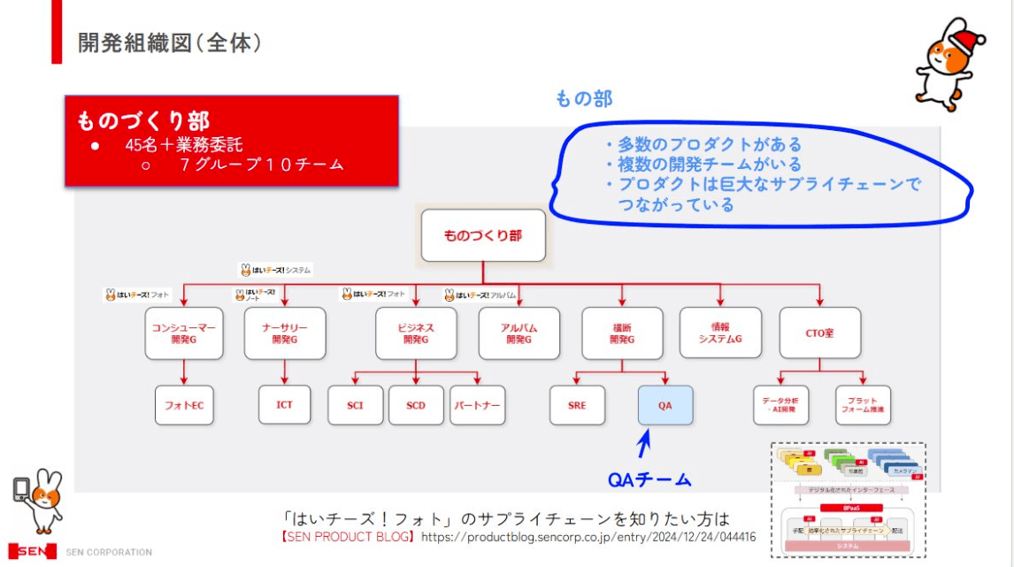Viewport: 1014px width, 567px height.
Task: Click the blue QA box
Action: [665, 405]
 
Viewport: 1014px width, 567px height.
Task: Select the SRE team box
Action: [577, 405]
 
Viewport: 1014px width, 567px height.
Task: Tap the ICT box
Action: [284, 405]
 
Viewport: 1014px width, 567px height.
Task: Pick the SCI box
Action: [356, 405]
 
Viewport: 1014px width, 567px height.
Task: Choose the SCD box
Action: [416, 405]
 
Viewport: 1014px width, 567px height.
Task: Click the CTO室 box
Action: [821, 333]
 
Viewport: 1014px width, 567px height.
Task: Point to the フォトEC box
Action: [185, 405]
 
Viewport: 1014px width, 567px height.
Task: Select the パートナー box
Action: [478, 405]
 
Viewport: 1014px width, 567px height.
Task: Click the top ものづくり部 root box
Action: [483, 235]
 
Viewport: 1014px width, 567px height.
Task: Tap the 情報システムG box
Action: [720, 333]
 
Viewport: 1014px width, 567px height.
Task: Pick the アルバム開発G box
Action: [519, 333]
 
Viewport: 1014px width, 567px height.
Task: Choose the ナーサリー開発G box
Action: [285, 333]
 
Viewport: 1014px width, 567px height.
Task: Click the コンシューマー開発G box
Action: [184, 333]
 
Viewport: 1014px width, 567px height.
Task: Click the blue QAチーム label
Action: [650, 479]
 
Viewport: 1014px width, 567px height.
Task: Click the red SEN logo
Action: [32, 550]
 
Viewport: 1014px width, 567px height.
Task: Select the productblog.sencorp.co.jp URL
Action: [588, 536]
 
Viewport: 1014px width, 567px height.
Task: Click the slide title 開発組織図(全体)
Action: [169, 42]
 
